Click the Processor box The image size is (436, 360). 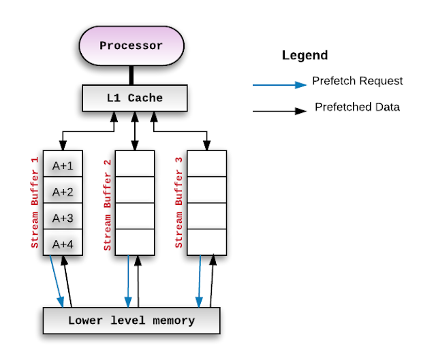click(x=131, y=46)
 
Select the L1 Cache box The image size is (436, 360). click(x=134, y=98)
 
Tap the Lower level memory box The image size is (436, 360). click(x=131, y=321)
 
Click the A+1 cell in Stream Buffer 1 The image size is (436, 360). click(x=63, y=165)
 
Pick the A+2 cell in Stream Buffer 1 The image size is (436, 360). click(x=63, y=191)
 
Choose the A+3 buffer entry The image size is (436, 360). click(x=63, y=217)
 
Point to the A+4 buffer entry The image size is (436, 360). click(x=63, y=242)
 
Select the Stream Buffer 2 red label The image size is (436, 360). click(x=107, y=203)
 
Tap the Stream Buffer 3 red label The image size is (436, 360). click(x=179, y=203)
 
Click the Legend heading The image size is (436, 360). click(x=305, y=56)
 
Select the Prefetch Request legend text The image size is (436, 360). click(x=357, y=81)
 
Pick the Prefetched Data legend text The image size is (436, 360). click(x=357, y=107)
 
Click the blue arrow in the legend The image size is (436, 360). click(x=279, y=85)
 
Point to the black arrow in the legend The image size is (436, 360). click(x=279, y=110)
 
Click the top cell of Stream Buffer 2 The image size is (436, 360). click(x=135, y=164)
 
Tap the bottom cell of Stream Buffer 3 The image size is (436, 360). click(x=206, y=242)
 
